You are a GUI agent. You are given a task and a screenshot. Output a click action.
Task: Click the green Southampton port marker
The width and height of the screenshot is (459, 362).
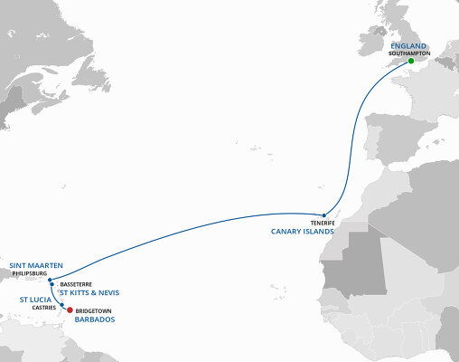click(411, 61)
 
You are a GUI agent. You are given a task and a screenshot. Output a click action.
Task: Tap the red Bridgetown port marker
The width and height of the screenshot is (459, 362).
click(70, 310)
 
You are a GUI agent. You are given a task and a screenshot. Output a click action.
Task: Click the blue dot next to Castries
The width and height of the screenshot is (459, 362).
click(61, 305)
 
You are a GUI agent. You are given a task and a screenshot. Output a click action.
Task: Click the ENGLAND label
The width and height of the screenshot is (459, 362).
click(410, 44)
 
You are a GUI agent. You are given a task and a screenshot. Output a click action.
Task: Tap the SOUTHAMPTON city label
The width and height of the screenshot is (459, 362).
click(410, 53)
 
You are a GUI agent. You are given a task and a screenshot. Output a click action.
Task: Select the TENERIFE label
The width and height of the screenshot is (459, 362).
click(323, 223)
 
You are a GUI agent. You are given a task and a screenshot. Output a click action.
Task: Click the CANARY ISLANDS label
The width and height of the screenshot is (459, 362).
click(303, 232)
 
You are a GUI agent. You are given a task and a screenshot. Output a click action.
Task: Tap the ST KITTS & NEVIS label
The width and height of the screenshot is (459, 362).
click(89, 293)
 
